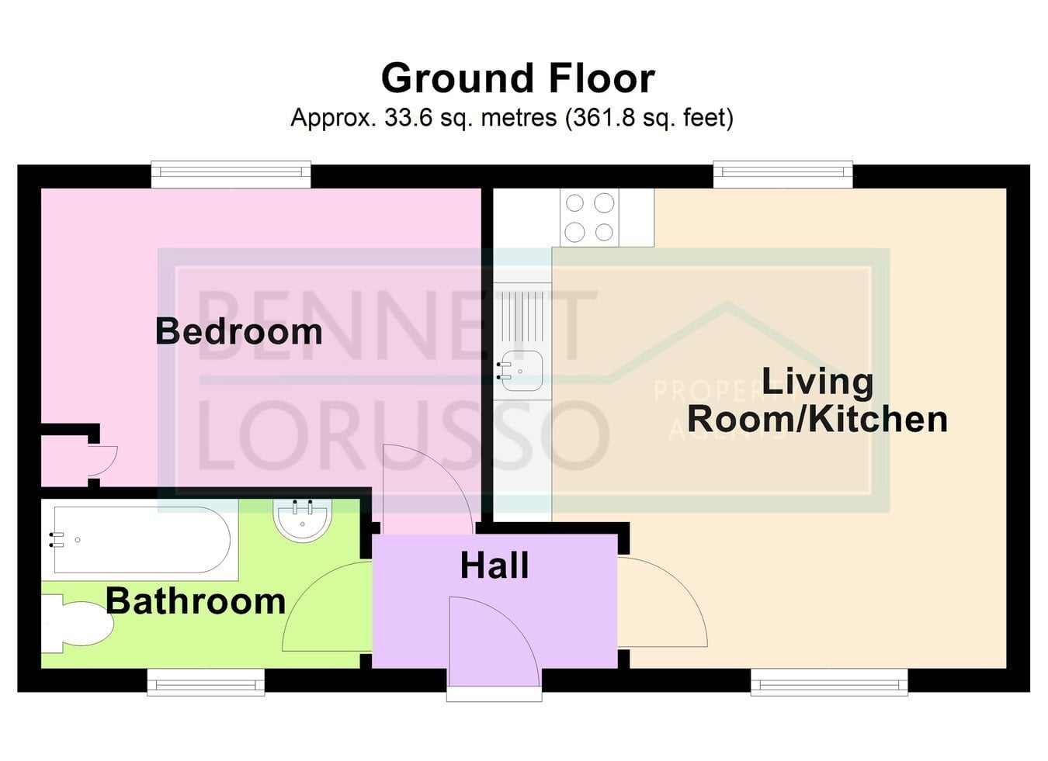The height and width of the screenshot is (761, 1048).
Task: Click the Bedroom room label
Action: tap(238, 331)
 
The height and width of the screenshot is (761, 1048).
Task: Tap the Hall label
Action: tap(495, 566)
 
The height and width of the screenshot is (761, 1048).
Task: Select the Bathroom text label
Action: tap(196, 601)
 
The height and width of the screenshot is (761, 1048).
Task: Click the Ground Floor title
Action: tap(518, 78)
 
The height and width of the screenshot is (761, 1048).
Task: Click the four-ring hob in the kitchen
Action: tap(589, 218)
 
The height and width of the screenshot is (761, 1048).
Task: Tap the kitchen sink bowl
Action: tap(519, 371)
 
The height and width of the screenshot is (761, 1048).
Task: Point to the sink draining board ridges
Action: tap(519, 317)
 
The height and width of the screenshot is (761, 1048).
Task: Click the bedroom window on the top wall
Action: tap(231, 175)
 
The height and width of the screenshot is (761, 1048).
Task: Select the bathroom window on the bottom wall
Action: tap(206, 683)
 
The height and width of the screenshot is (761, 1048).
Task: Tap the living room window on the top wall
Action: tap(783, 175)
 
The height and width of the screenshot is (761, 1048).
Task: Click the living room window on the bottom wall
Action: tap(830, 683)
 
